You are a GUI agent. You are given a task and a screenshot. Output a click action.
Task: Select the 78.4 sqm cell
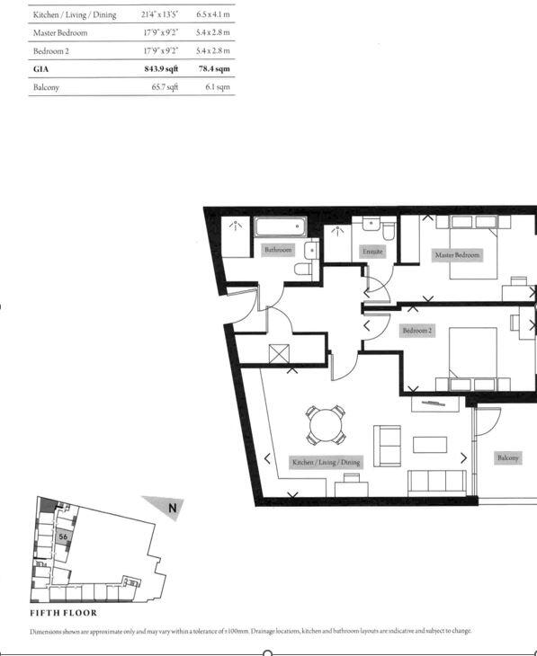tap(213, 68)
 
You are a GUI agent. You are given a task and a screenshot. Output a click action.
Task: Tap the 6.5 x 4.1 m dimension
tap(212, 15)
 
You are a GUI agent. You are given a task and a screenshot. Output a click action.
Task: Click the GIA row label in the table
tap(41, 68)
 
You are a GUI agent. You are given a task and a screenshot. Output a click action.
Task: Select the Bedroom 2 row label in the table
tap(53, 51)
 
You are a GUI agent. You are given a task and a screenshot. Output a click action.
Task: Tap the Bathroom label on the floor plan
tap(278, 250)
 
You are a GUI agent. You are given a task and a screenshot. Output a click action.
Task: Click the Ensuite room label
tap(372, 252)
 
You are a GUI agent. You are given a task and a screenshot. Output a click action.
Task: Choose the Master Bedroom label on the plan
tap(457, 255)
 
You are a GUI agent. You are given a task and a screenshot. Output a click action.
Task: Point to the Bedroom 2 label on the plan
tap(417, 331)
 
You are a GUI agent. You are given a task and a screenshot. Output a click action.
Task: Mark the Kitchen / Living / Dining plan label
tap(326, 462)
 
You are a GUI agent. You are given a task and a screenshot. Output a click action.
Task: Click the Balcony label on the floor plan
tap(508, 457)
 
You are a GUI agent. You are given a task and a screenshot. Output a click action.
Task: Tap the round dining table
tap(326, 425)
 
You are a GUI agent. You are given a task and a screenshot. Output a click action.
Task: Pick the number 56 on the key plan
tap(63, 536)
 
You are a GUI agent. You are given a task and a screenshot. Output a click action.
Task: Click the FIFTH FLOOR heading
tap(63, 613)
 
